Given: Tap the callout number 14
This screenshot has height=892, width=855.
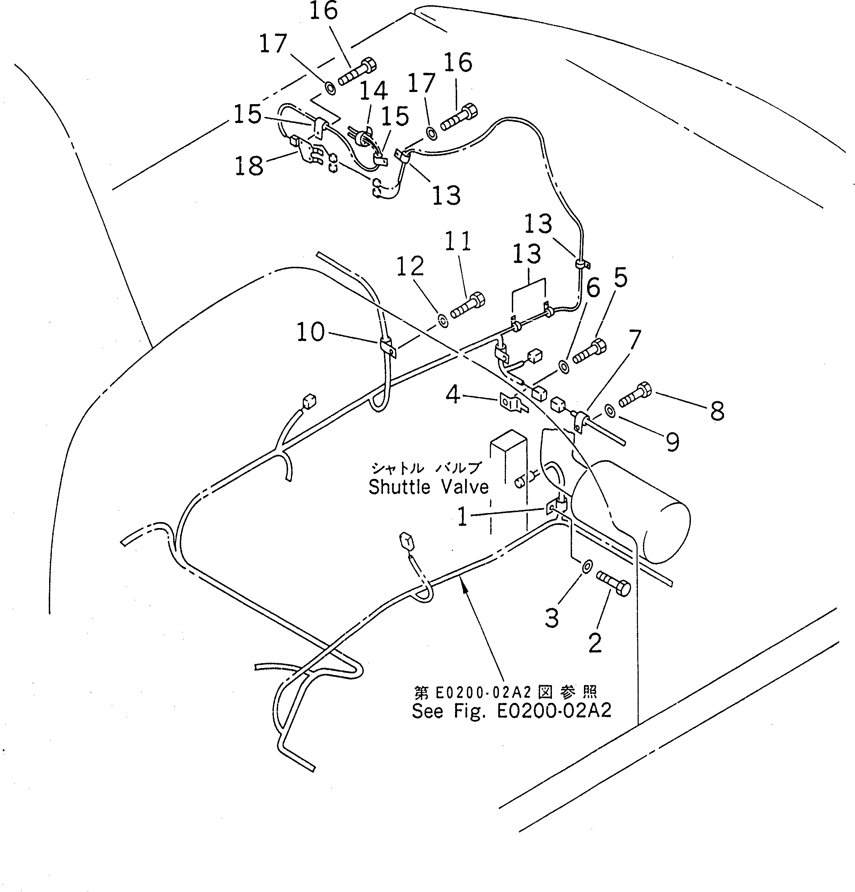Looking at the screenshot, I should tap(373, 91).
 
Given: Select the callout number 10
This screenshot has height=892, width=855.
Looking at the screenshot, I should tap(310, 332).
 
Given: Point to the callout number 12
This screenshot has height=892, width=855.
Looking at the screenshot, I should tap(410, 266).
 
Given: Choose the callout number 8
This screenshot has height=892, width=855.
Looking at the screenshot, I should tap(717, 411).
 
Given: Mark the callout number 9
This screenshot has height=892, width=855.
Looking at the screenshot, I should tap(672, 441).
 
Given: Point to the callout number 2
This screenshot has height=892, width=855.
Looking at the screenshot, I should tap(595, 643).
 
